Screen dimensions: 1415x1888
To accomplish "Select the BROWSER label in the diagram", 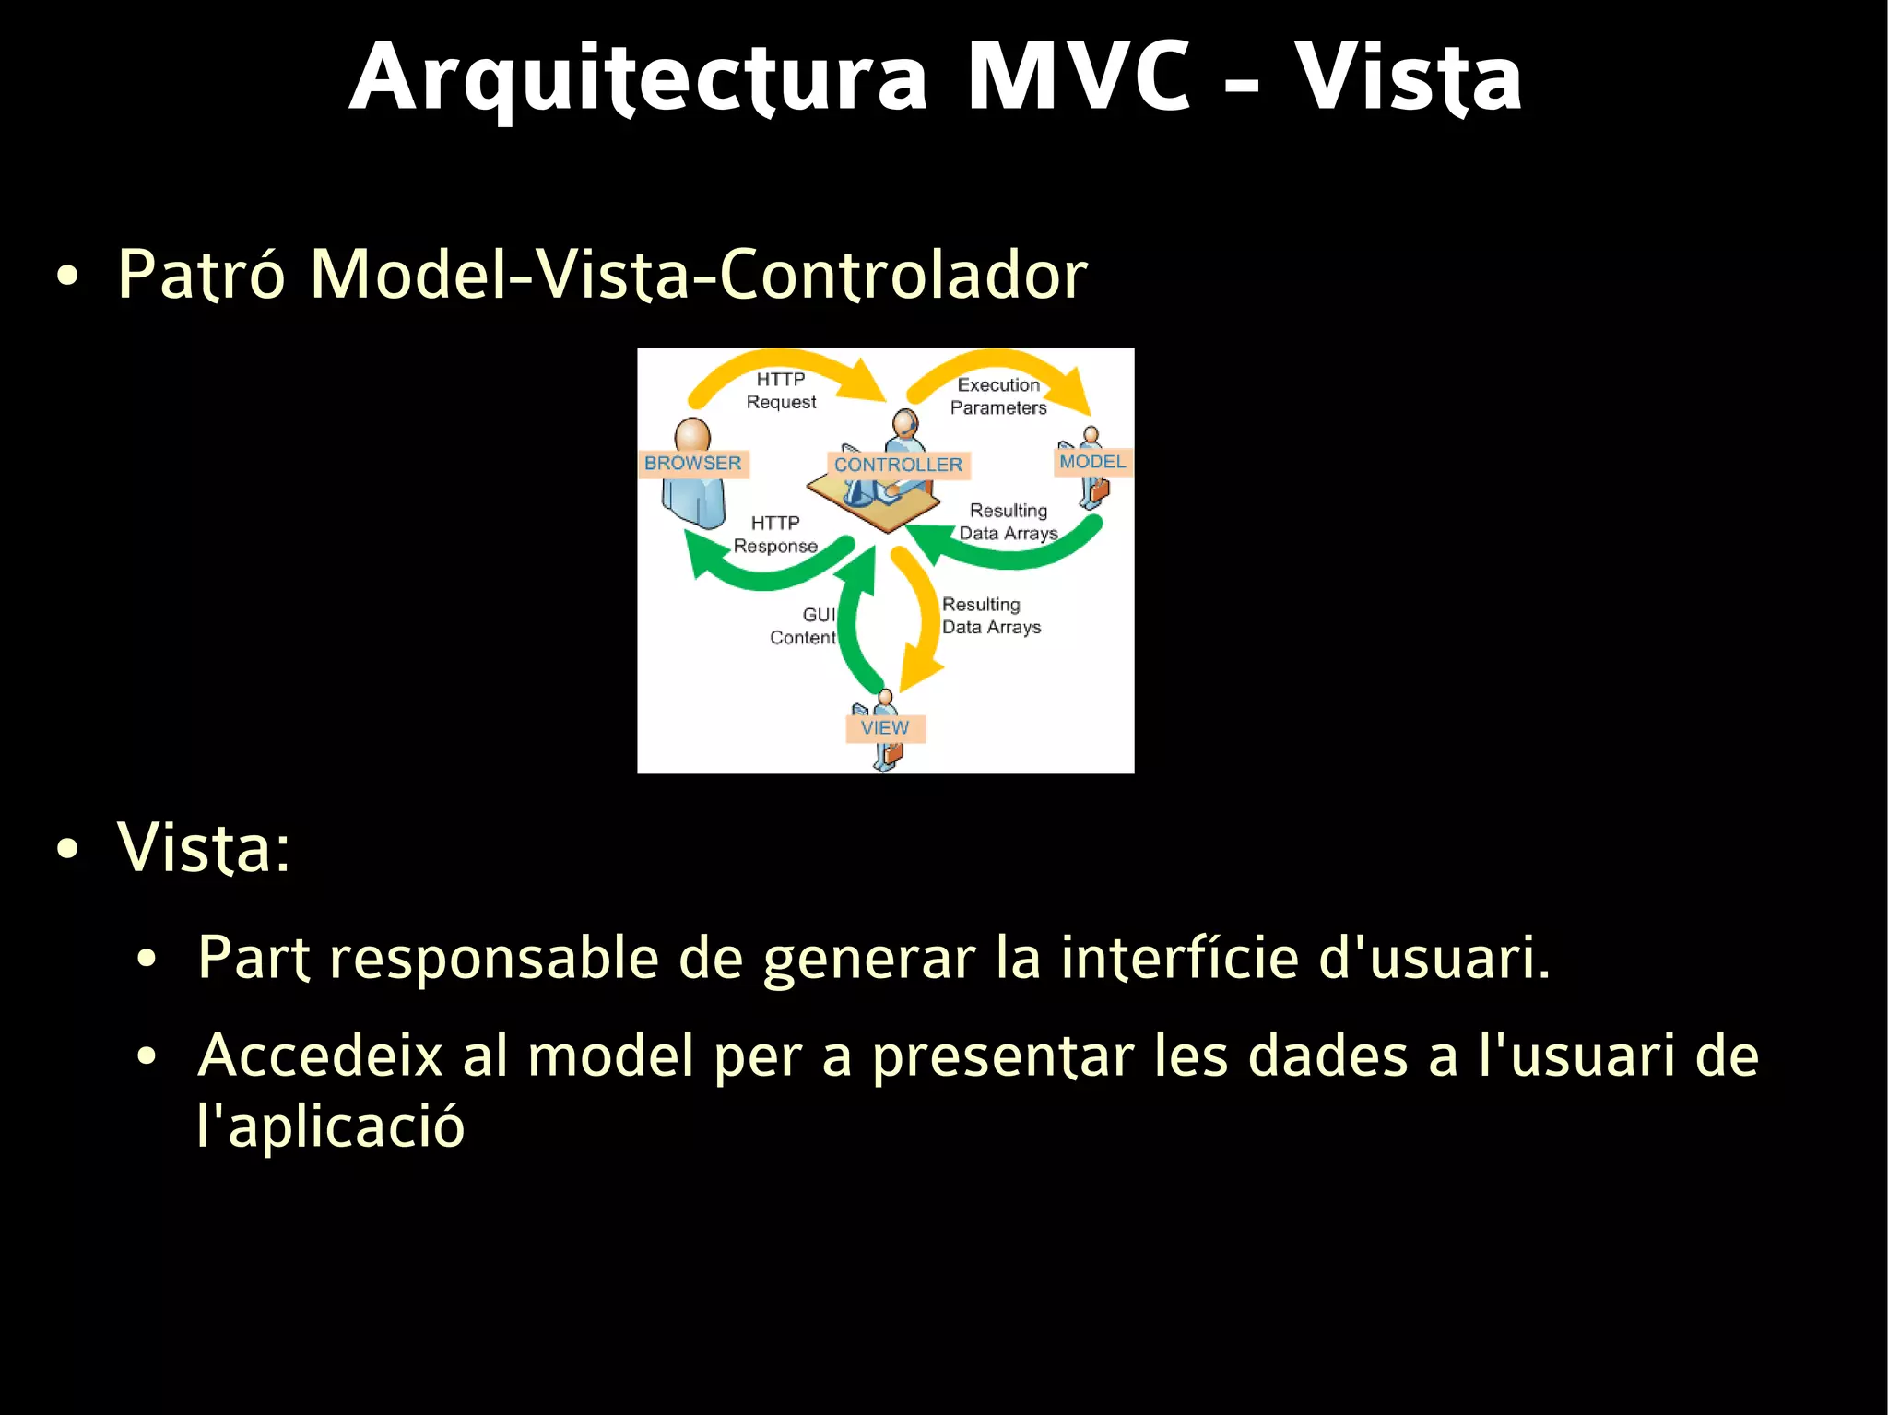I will pos(692,463).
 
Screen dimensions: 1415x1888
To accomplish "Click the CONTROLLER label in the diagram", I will pos(898,465).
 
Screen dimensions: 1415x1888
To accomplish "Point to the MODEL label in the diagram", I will pos(1092,462).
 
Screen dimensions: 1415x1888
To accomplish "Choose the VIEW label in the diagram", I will pos(885,728).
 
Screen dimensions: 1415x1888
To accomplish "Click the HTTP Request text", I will pos(781,391).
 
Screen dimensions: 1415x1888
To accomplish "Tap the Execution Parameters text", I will pos(998,396).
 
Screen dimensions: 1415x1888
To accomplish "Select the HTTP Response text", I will pos(775,535).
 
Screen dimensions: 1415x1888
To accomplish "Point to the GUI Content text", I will pos(804,626).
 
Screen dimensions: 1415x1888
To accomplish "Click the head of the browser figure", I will pos(692,434).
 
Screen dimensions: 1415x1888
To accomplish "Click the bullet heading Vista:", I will pos(204,847).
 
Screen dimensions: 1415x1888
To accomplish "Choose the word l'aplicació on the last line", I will pos(331,1126).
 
